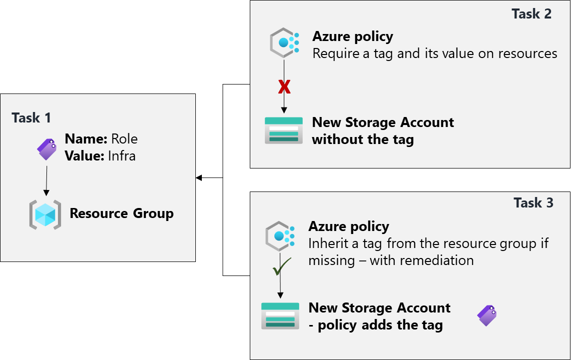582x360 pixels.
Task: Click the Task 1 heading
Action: pyautogui.click(x=31, y=118)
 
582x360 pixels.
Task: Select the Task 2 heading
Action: pyautogui.click(x=532, y=13)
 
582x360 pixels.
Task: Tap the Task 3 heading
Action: pyautogui.click(x=534, y=202)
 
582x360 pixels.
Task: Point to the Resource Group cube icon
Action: pyautogui.click(x=45, y=214)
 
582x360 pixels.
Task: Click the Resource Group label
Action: pyautogui.click(x=121, y=213)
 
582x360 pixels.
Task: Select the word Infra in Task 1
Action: pyautogui.click(x=121, y=156)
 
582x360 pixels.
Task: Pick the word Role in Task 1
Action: pyautogui.click(x=124, y=138)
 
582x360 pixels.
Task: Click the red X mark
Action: pyautogui.click(x=284, y=87)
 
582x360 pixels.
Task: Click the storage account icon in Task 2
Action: pyautogui.click(x=284, y=130)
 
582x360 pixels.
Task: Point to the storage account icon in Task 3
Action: pyautogui.click(x=280, y=316)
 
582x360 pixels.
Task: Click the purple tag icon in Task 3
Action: pyautogui.click(x=487, y=315)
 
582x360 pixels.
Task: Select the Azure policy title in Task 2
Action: pyautogui.click(x=353, y=36)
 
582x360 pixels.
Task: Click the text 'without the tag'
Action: pyautogui.click(x=363, y=139)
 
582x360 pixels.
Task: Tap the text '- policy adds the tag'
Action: pyautogui.click(x=375, y=325)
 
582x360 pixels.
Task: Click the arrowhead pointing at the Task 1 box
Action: pyautogui.click(x=199, y=177)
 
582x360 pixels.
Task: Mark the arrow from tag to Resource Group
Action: pyautogui.click(x=46, y=180)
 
